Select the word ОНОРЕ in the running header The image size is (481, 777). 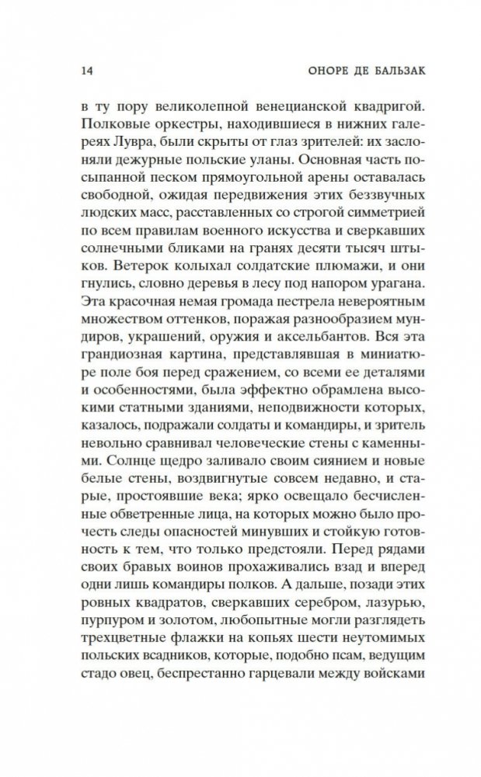pyautogui.click(x=312, y=71)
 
